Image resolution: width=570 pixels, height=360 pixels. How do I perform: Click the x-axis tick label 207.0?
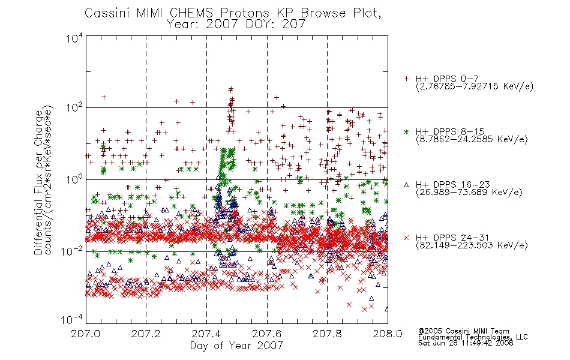click(86, 334)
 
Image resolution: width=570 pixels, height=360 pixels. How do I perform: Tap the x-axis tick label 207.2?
click(146, 334)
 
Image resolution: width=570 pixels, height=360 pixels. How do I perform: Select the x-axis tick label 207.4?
click(206, 334)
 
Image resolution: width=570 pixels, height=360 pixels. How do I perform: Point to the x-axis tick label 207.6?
click(267, 334)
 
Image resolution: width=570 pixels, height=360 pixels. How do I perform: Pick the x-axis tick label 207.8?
click(327, 334)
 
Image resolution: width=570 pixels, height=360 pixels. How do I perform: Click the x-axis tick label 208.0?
click(388, 334)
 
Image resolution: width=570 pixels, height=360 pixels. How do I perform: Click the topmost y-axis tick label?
click(74, 38)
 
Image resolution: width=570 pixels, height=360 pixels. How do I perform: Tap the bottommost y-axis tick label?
click(71, 320)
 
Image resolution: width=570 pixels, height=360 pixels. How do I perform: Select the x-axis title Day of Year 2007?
click(236, 346)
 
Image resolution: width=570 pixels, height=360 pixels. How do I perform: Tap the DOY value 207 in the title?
click(295, 25)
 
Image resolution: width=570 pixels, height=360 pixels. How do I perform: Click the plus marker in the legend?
click(406, 79)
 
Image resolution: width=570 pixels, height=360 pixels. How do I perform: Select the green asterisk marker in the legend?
click(406, 131)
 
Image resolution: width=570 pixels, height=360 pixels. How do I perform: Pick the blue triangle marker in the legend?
click(406, 185)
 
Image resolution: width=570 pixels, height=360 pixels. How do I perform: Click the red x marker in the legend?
click(406, 238)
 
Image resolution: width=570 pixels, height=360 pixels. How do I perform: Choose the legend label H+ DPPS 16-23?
click(453, 185)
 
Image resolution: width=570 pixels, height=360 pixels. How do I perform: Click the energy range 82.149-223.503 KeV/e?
click(472, 245)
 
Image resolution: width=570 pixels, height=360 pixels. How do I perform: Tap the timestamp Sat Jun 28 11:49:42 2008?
click(466, 343)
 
